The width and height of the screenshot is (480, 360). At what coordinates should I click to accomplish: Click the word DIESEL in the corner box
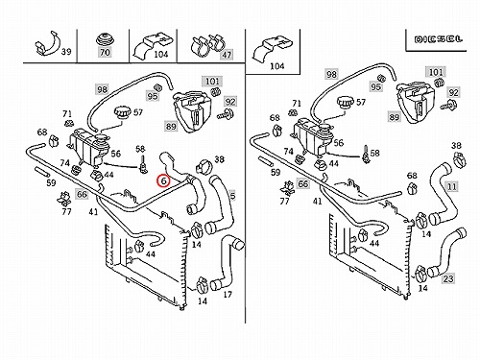click(439, 39)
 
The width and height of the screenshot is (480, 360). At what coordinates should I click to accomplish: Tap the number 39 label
click(66, 52)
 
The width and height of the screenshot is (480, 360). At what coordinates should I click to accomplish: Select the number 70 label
click(105, 52)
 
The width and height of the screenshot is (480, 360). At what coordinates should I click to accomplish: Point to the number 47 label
click(227, 55)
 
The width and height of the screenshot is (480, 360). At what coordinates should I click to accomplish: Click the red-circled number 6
click(163, 181)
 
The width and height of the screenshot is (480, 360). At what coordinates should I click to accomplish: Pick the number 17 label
click(228, 295)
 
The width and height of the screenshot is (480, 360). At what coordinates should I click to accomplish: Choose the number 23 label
click(448, 278)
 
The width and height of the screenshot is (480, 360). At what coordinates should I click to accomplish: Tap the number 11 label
click(452, 186)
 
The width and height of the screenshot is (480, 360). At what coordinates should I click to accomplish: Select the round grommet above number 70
click(105, 38)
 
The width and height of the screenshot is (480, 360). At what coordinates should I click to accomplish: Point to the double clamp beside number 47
click(207, 45)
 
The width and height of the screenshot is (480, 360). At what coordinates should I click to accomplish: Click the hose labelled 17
click(227, 262)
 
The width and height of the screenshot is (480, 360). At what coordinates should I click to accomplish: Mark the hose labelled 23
click(448, 252)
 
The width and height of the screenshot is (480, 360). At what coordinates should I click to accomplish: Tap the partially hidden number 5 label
click(232, 196)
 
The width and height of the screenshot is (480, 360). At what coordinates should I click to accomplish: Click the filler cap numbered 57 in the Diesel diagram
click(346, 105)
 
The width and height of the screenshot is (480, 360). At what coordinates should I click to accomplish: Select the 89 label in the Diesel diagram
click(394, 117)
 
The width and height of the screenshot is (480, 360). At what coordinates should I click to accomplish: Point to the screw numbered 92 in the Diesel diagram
click(449, 105)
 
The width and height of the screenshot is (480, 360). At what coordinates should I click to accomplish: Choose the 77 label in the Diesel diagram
click(284, 201)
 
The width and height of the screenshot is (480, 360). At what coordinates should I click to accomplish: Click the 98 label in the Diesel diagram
click(331, 75)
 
